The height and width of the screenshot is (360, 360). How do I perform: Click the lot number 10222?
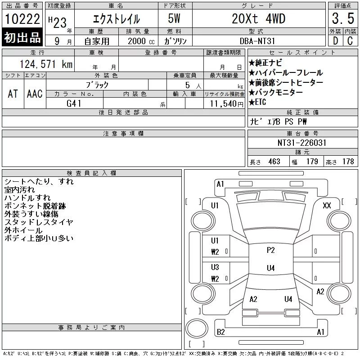pyautogui.click(x=22, y=19)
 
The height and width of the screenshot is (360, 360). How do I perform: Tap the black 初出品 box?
pyautogui.click(x=22, y=37)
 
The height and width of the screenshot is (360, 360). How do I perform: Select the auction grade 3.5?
pyautogui.click(x=343, y=18)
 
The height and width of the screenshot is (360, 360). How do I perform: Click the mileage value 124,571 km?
pyautogui.click(x=46, y=64)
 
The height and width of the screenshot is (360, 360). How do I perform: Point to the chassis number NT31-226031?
pyautogui.click(x=302, y=143)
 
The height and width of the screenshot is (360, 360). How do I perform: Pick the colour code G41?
pyautogui.click(x=74, y=103)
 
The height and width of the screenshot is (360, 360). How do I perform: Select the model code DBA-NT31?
pyautogui.click(x=257, y=41)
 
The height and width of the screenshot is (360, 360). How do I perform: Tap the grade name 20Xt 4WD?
pyautogui.click(x=258, y=18)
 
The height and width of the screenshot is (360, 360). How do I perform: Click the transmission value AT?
pyautogui.click(x=13, y=94)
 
